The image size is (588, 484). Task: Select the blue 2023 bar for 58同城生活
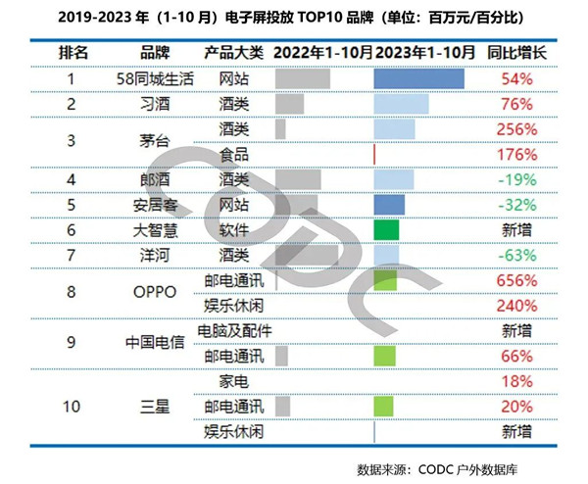(418, 78)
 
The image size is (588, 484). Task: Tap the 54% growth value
(515, 78)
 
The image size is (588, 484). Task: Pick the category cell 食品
(235, 154)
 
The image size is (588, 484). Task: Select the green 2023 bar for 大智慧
(386, 229)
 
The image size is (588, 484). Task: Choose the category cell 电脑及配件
(235, 330)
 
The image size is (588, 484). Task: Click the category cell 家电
(235, 380)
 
